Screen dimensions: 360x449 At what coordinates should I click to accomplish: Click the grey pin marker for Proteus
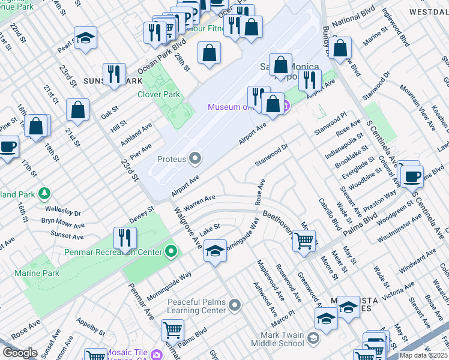195,159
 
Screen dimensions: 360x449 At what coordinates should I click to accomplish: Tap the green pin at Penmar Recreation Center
172,251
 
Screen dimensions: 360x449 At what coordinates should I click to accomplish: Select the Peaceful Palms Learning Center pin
235,306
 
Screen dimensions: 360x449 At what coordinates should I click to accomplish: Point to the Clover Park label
158,94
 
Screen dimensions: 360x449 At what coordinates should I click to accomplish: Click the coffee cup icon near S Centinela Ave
412,176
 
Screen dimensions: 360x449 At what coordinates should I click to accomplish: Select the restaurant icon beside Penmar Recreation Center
124,237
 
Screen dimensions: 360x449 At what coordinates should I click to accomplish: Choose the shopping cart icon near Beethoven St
304,241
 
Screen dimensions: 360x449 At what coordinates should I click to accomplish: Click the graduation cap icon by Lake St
215,251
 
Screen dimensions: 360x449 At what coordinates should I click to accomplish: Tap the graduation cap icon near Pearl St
85,38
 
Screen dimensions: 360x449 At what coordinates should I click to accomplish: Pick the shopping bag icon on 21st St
78,110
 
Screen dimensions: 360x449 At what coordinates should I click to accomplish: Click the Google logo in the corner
19,353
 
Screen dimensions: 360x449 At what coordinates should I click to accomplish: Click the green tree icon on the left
43,193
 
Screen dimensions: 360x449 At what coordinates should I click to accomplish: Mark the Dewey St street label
143,213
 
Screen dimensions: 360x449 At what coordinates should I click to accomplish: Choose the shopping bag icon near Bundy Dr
340,49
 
